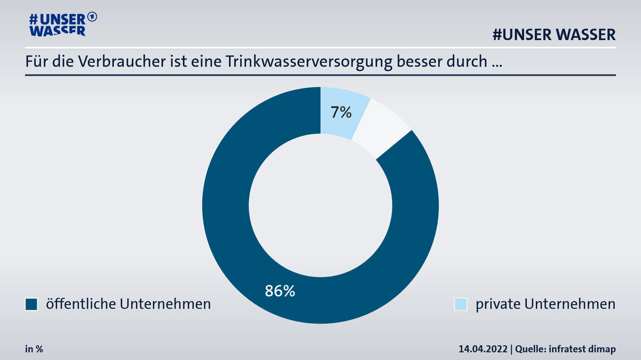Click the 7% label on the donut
(341, 113)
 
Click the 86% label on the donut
(279, 291)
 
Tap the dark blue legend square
(32, 304)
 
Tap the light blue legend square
(460, 304)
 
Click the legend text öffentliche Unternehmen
(128, 303)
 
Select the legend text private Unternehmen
(545, 304)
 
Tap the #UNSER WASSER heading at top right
(554, 35)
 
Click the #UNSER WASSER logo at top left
(58, 24)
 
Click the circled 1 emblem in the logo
(92, 17)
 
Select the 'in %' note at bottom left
(34, 349)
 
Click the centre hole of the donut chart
(320, 205)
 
